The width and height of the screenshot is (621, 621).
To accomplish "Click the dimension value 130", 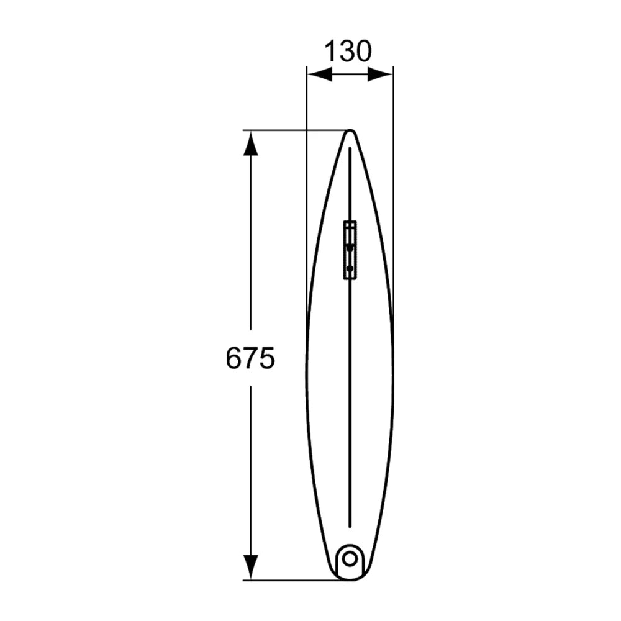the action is click(x=348, y=51).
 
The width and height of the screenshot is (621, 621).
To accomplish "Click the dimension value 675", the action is click(x=250, y=358).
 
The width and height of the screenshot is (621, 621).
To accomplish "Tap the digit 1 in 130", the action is click(x=331, y=51).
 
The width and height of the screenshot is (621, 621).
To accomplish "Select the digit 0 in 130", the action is click(x=364, y=51).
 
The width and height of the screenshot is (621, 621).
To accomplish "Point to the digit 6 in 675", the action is click(x=233, y=358).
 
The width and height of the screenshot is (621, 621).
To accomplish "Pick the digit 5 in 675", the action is click(x=267, y=358).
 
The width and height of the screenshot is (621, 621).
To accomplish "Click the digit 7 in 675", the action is click(x=250, y=358).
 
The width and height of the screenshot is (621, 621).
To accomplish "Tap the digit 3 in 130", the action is click(x=347, y=51).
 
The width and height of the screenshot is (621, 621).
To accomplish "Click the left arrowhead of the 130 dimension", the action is click(x=320, y=74).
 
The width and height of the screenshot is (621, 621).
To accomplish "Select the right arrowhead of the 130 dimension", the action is click(x=380, y=74).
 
